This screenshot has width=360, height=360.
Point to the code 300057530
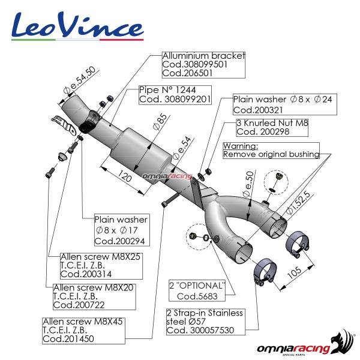coord(212,331)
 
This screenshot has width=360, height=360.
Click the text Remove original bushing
coord(271,154)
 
